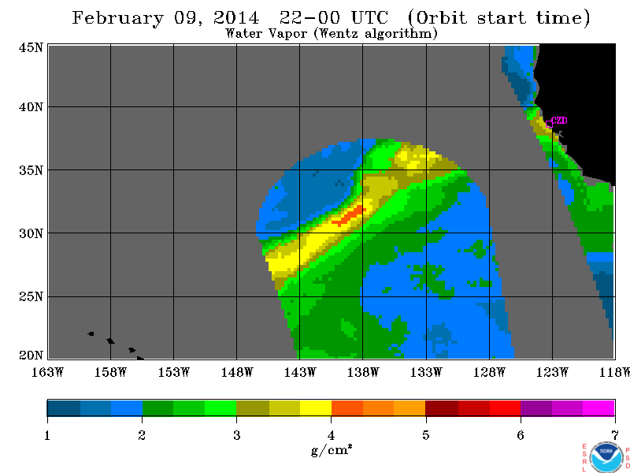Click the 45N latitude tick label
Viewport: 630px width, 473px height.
31,48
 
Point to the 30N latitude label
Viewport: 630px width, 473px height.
31,233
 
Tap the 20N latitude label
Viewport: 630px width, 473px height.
31,356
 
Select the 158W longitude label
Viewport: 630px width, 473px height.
110,372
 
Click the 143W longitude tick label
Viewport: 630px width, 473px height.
300,372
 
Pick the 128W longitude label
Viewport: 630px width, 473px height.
489,372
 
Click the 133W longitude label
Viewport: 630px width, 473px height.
426,372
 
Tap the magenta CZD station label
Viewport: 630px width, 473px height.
559,121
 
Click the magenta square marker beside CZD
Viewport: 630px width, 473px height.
549,125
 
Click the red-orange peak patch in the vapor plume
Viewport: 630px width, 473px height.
349,215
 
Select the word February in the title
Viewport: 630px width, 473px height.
118,18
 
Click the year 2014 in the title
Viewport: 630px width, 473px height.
237,18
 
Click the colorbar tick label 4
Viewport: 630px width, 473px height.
331,435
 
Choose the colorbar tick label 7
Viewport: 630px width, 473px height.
615,435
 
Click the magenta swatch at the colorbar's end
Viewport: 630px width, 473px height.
598,408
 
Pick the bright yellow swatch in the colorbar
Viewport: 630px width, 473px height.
316,408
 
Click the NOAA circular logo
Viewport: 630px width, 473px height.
606,456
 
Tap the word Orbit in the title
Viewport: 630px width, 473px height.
441,18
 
